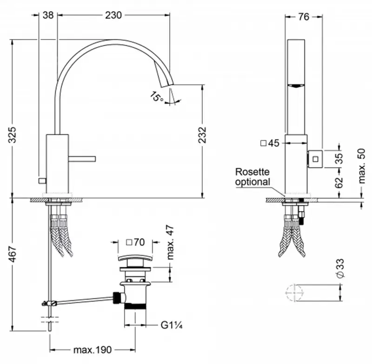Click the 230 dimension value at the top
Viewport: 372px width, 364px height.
click(x=113, y=15)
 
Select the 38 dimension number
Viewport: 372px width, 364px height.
click(x=48, y=15)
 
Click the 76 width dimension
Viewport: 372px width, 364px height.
click(x=303, y=17)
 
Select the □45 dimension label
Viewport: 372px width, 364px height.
click(x=270, y=144)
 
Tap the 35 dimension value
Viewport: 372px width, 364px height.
click(x=339, y=159)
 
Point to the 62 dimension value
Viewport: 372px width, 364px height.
click(x=339, y=181)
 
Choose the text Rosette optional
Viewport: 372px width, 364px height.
click(x=252, y=177)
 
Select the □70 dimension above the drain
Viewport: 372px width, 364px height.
click(x=135, y=242)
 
